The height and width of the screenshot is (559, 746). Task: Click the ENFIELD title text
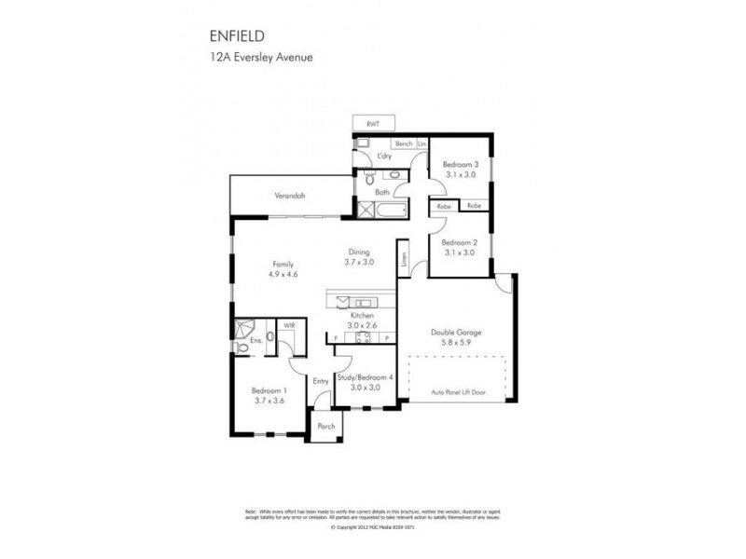pos(237,36)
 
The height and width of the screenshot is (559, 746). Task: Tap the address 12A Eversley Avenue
pos(261,57)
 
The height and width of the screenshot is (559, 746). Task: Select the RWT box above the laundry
pos(373,124)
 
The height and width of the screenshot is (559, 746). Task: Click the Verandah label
pos(289,196)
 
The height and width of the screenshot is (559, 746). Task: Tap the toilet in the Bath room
pos(370,176)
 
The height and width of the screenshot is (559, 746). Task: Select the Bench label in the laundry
pos(404,143)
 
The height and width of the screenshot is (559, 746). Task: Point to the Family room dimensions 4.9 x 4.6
pos(283,275)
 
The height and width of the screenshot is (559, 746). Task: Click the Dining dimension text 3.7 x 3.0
pos(360,263)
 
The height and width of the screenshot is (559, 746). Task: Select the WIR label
pos(289,326)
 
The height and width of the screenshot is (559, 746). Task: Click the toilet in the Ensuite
pos(269,338)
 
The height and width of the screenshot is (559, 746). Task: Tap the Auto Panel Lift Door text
pos(457,393)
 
